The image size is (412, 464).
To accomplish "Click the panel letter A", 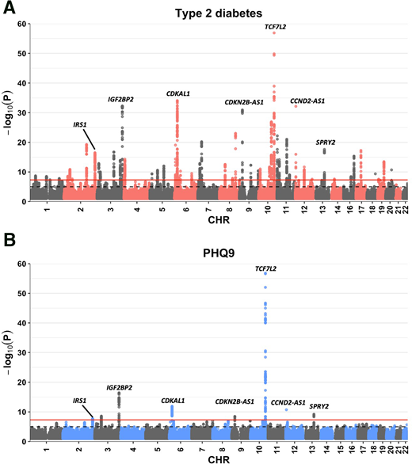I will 8,9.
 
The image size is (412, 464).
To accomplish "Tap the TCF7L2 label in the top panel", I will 276,27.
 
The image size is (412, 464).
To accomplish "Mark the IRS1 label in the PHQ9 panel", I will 79,401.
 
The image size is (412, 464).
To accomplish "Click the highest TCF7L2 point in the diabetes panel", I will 274,33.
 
